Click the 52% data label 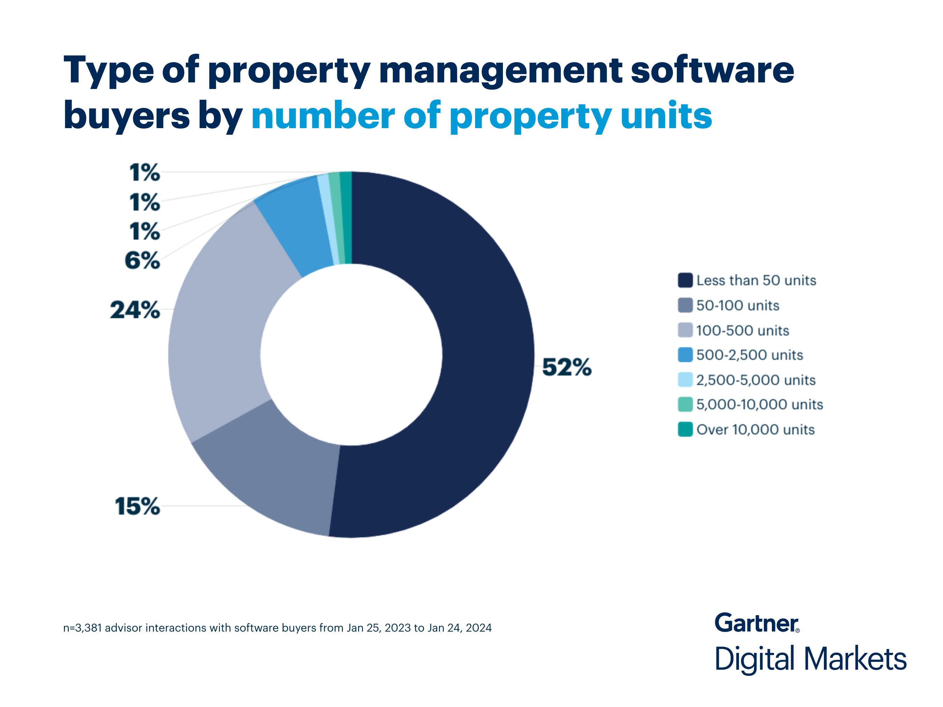[566, 367]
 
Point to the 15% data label [137, 506]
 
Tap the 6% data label [142, 260]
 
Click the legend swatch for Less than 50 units [685, 280]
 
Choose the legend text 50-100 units [738, 305]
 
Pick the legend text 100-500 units [742, 331]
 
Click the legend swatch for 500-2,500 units [685, 355]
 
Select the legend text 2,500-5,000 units [755, 380]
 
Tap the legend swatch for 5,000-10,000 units [685, 404]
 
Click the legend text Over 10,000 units [755, 429]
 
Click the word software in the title [712, 70]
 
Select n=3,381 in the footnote [82, 628]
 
